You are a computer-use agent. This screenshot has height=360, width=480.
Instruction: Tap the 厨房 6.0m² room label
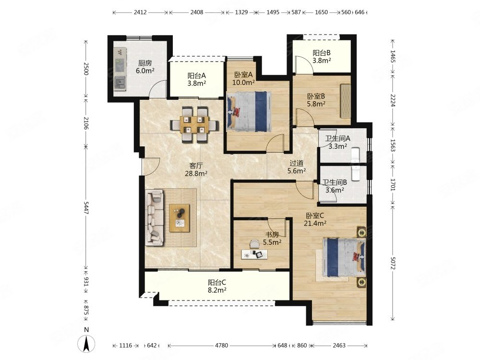(x=145, y=67)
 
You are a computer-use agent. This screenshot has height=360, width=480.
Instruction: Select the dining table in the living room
(x=194, y=125)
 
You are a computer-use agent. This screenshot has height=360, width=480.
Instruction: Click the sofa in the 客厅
(x=154, y=217)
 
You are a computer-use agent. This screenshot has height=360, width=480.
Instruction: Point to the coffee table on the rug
(x=180, y=218)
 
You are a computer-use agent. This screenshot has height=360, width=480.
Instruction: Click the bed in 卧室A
(x=249, y=111)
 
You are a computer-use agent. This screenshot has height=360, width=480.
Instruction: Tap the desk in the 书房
(x=254, y=254)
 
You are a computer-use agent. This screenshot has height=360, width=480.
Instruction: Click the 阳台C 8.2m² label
(x=217, y=286)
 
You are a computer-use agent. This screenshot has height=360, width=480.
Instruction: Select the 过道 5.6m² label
(x=296, y=167)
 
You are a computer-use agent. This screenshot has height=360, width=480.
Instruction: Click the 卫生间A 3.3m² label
(x=337, y=143)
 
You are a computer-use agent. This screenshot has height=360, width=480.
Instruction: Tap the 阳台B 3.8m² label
(x=322, y=57)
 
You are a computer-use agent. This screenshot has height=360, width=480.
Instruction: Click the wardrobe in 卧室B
(x=345, y=101)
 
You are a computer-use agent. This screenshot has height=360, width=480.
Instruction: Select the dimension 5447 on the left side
(x=86, y=208)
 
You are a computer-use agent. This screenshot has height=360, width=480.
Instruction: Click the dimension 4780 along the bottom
(x=221, y=345)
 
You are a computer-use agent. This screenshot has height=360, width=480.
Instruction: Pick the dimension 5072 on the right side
(x=393, y=263)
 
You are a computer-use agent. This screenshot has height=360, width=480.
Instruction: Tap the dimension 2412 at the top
(x=140, y=12)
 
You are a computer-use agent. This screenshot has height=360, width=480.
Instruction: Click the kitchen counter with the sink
(x=120, y=69)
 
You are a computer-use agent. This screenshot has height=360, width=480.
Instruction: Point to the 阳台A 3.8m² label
(x=196, y=79)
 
